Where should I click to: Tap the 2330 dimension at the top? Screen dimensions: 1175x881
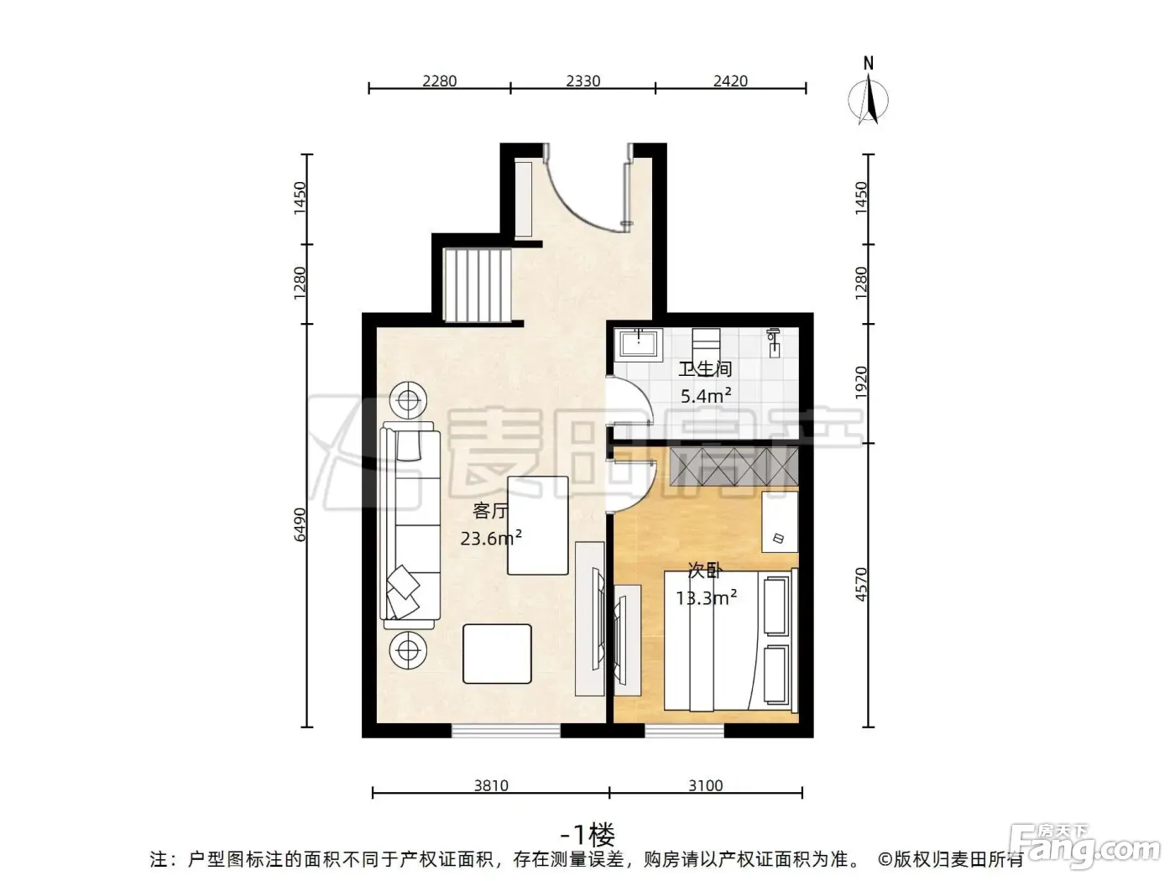(x=583, y=81)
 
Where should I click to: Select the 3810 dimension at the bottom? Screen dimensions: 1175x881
(x=491, y=785)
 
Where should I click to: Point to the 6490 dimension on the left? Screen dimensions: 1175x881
(x=300, y=524)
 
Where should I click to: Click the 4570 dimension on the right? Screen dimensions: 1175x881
(x=861, y=584)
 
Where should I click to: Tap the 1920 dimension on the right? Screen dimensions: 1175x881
(x=861, y=383)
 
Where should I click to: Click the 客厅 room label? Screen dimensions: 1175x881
(x=489, y=511)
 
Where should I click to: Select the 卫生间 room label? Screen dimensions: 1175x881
(x=705, y=368)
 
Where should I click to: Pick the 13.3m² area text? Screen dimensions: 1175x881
(x=706, y=597)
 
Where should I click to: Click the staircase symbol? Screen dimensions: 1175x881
(x=478, y=285)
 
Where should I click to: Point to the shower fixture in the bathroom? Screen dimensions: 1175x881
(x=772, y=343)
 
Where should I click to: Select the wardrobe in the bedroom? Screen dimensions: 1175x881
(x=734, y=467)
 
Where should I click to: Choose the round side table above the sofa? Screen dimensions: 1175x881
(x=409, y=400)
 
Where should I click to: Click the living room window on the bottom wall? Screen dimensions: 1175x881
(x=506, y=730)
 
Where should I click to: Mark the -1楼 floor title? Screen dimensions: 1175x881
(x=587, y=833)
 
